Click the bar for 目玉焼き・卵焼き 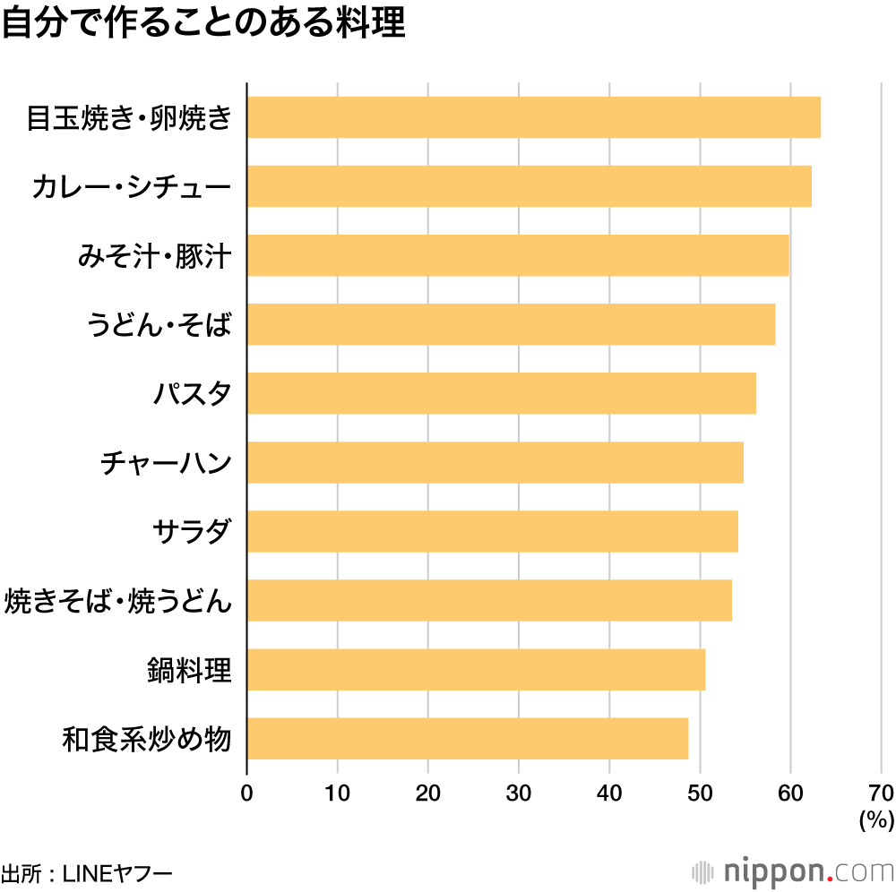click(533, 117)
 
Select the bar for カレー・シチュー click(529, 186)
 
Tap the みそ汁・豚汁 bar click(517, 255)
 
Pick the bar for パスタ click(501, 393)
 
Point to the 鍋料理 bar click(476, 670)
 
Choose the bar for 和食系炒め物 click(467, 739)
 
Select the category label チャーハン click(167, 463)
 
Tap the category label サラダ click(192, 532)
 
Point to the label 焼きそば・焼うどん click(118, 601)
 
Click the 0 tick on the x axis click(246, 793)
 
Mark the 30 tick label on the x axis click(519, 793)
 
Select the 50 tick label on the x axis click(700, 793)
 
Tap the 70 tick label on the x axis click(880, 793)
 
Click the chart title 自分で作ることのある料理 click(204, 24)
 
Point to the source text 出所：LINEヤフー click(86, 871)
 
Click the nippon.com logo click(794, 871)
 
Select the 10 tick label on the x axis click(337, 793)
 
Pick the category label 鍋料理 click(190, 670)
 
